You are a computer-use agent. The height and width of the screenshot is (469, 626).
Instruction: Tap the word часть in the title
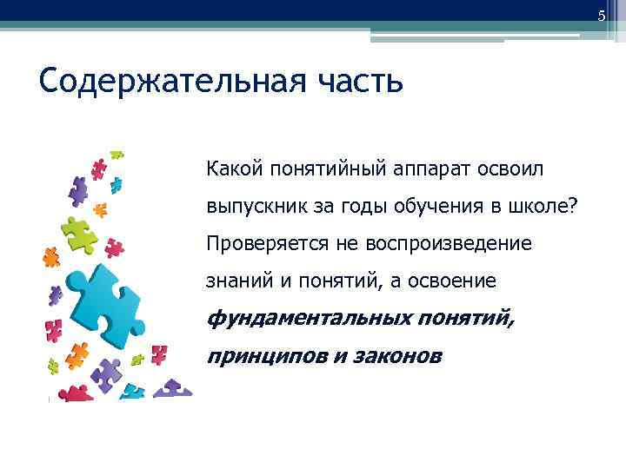pos(359,83)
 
